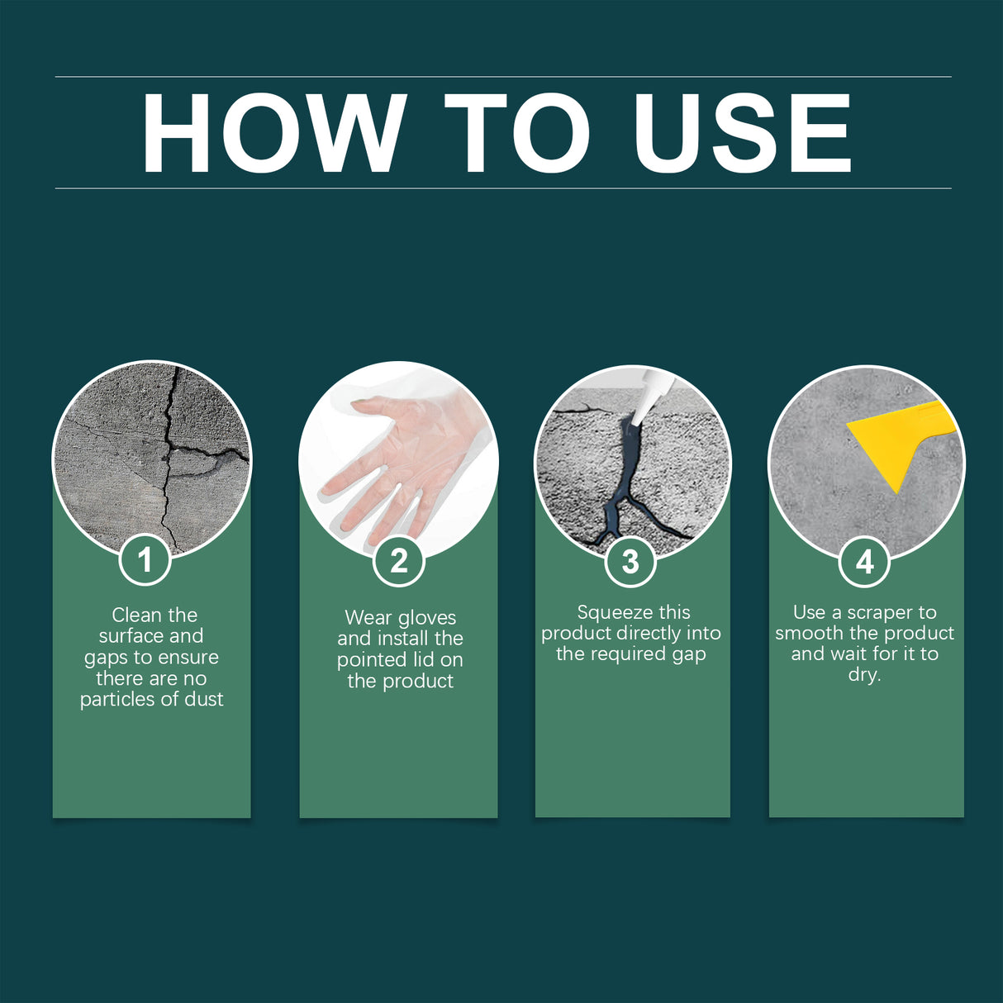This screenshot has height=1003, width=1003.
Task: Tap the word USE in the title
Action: pos(741,133)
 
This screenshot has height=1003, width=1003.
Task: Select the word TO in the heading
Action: pos(517,133)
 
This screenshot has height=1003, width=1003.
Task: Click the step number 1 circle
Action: pos(145,560)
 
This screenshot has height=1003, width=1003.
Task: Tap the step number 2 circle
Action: pos(399,561)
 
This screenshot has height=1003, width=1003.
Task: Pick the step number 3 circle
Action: pos(630,562)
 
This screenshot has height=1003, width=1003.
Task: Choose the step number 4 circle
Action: pos(864,562)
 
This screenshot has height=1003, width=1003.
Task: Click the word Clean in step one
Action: pos(136,616)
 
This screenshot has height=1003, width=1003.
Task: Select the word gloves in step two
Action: pos(426,618)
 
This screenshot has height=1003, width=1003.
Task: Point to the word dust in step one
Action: pos(204,700)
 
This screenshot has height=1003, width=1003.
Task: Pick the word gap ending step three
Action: pos(689,655)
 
